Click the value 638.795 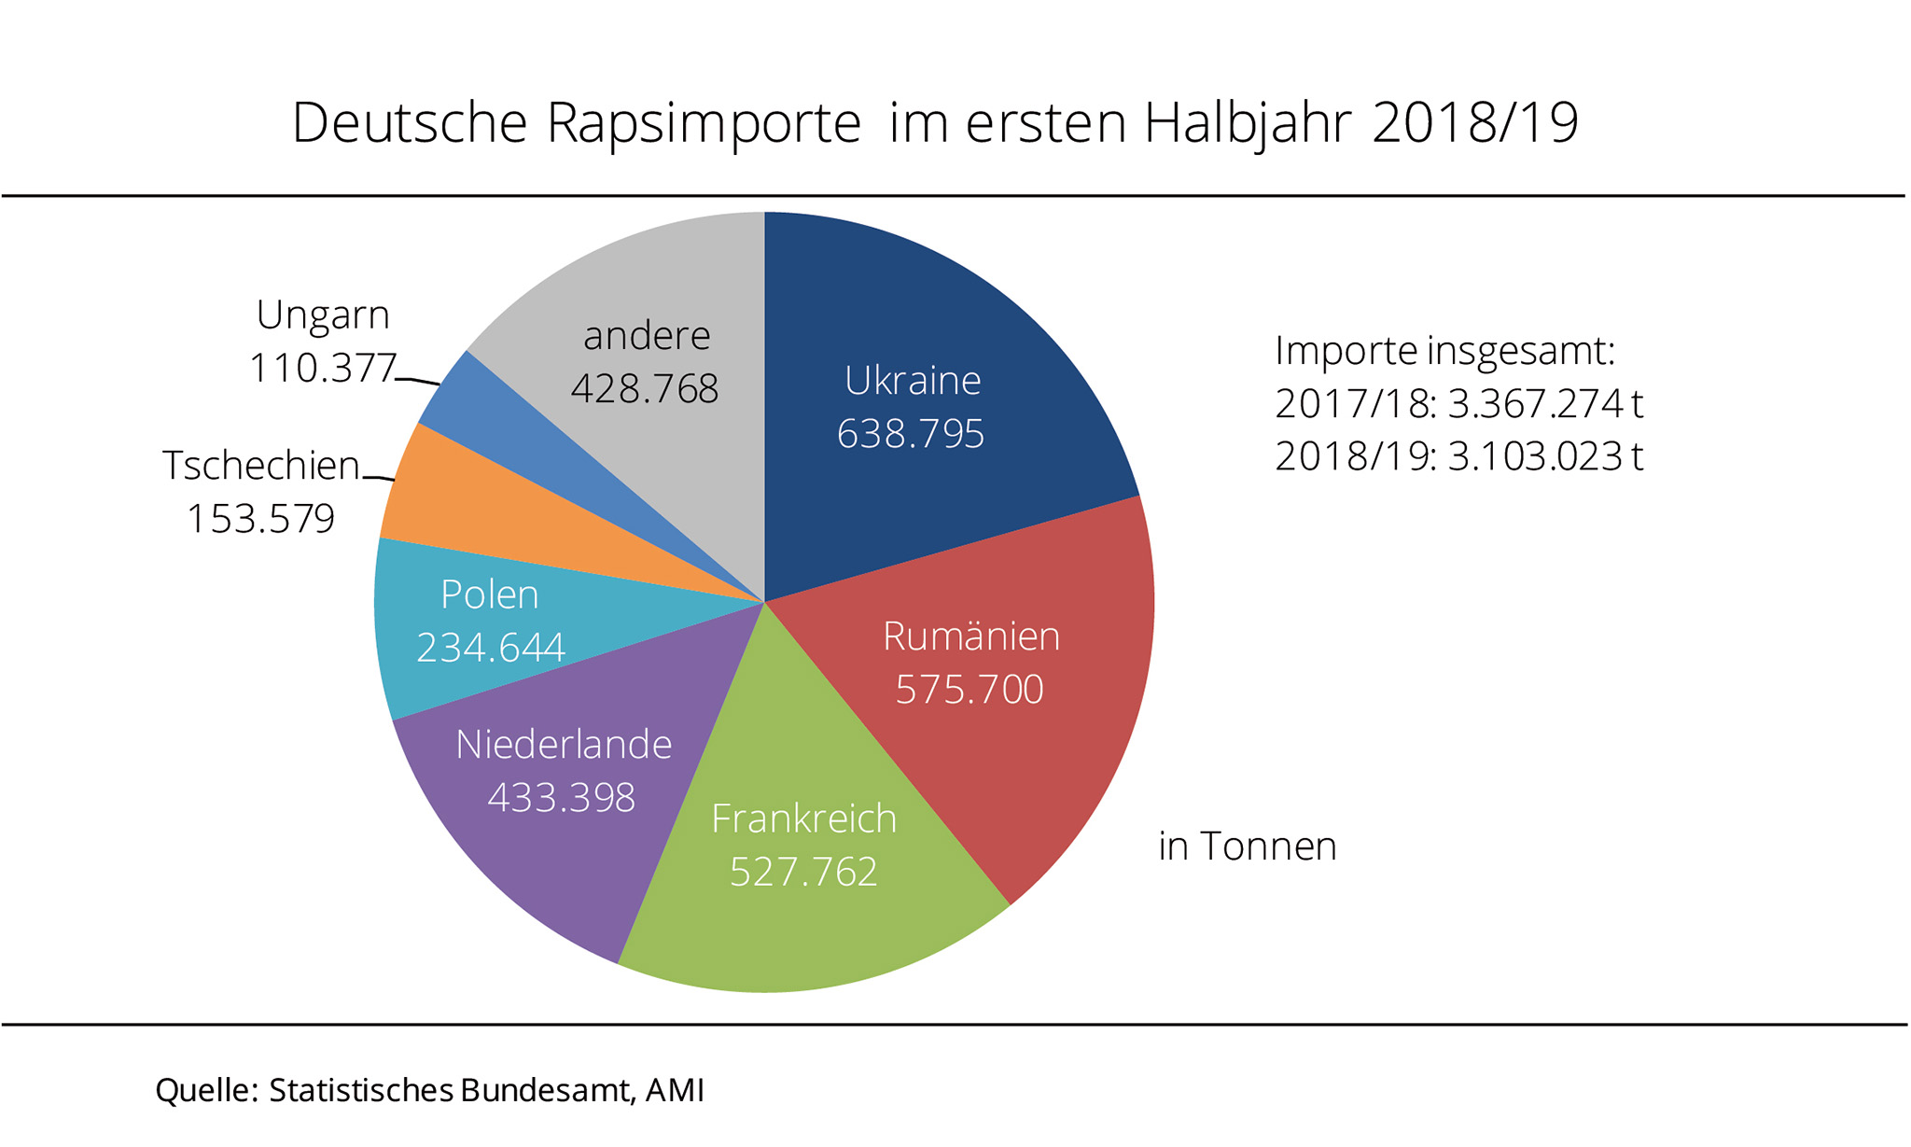click(x=911, y=434)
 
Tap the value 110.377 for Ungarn click(x=323, y=368)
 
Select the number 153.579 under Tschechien click(x=260, y=519)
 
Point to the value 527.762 click(x=803, y=872)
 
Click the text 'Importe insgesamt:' click(x=1444, y=351)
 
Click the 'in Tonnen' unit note click(x=1248, y=846)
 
